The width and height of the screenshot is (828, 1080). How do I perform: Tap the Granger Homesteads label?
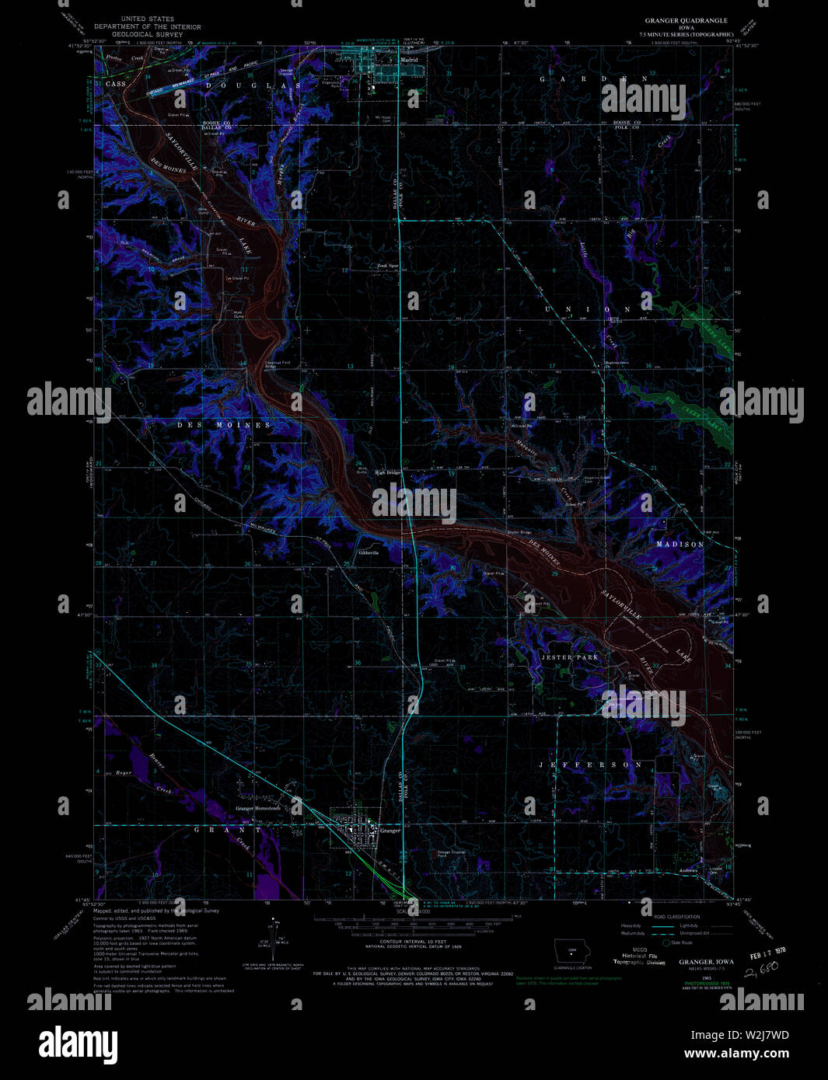257,809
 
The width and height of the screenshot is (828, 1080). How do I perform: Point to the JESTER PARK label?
570,657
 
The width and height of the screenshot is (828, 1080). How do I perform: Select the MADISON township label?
680,545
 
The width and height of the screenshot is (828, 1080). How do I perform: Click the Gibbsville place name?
369,553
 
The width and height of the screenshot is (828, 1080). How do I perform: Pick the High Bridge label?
387,472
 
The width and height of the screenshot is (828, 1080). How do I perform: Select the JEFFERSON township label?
592,765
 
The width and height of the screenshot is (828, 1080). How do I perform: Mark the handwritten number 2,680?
761,971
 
